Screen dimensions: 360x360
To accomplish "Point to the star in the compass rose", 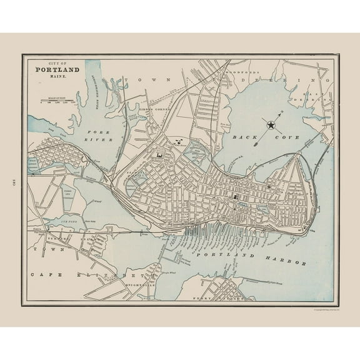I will [271, 126].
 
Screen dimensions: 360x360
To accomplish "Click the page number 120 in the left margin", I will [14, 182].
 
